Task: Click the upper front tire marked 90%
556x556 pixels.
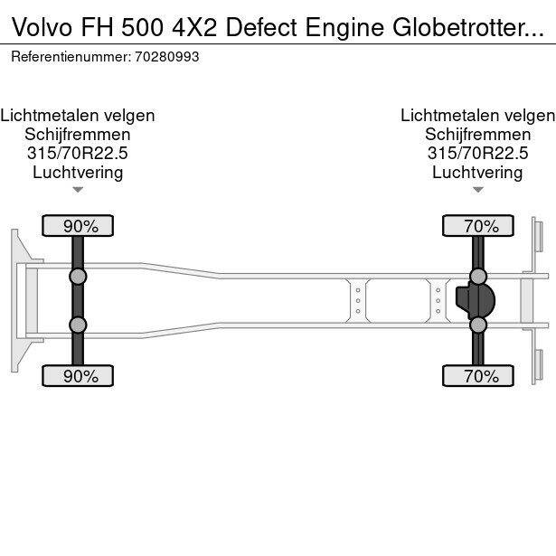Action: [x=78, y=225]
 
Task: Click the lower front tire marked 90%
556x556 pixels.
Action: [x=78, y=376]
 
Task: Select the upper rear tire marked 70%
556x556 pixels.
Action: [x=478, y=225]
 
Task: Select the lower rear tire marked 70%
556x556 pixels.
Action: [x=478, y=376]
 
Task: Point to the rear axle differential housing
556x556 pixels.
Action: [x=476, y=300]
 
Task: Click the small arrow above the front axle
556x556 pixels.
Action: [x=78, y=190]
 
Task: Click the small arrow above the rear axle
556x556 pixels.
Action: [x=478, y=190]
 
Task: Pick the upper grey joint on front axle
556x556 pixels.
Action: [x=78, y=277]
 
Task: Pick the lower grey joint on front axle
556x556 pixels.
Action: [x=78, y=325]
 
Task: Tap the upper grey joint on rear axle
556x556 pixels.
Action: [x=478, y=277]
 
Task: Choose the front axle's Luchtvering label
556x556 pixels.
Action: [x=78, y=173]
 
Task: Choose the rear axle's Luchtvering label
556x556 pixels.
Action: [x=477, y=173]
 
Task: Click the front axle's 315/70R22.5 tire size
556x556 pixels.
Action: [x=78, y=154]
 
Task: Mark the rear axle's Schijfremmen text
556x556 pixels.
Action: [x=477, y=135]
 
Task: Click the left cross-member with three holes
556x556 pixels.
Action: [x=358, y=300]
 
